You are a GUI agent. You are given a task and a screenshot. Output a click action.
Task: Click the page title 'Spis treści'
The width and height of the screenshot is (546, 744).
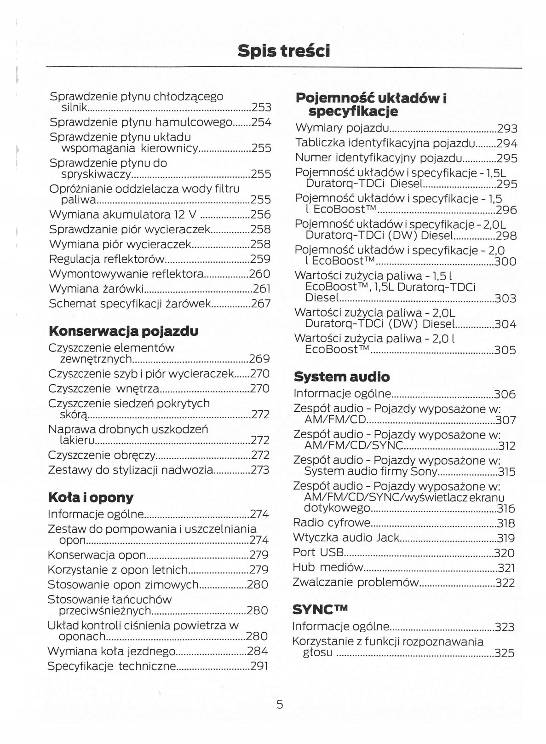point(284,51)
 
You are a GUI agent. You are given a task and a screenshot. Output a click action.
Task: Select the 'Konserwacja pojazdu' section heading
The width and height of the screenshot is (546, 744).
point(123,331)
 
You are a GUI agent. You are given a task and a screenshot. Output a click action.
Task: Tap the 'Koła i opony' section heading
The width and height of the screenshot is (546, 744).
point(91,497)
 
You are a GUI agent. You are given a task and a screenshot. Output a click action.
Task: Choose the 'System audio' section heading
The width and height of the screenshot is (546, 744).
point(341,377)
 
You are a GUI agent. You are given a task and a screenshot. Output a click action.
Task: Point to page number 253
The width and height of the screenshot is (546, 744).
point(261,108)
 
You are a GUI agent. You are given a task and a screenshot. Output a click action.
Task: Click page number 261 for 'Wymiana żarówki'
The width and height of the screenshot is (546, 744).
point(262,289)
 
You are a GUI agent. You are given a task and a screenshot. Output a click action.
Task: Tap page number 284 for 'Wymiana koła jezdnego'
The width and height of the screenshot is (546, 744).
point(258,651)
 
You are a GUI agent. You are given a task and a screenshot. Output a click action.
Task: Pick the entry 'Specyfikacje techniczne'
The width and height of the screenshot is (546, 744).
point(112,666)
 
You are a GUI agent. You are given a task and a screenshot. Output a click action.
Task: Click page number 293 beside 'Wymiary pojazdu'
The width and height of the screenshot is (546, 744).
point(507,129)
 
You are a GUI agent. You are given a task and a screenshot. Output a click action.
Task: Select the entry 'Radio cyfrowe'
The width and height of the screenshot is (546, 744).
point(332,523)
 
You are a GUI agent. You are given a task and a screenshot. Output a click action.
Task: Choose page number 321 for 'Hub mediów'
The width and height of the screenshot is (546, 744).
point(506,568)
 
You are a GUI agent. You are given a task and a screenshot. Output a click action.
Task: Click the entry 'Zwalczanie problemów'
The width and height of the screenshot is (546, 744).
point(356,583)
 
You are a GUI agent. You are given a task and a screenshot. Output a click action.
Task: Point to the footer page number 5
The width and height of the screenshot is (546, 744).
point(280,704)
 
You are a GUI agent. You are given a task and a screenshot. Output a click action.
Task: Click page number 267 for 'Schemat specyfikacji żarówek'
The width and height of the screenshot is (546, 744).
point(260,304)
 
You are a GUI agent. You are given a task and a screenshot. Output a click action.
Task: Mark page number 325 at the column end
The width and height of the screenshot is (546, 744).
point(504,653)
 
